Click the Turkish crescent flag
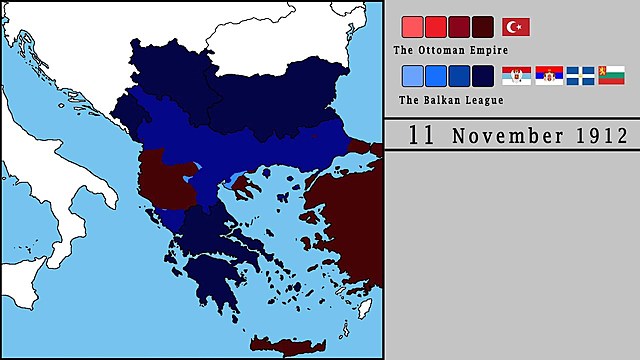click(x=516, y=27)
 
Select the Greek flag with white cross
click(x=581, y=75)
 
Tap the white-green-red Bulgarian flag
click(x=612, y=75)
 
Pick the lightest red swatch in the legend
click(x=411, y=27)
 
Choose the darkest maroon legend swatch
click(x=483, y=27)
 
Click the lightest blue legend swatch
click(x=411, y=75)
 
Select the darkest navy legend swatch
click(x=483, y=75)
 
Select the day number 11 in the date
click(x=422, y=135)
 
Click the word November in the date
click(x=504, y=136)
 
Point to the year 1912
click(x=599, y=136)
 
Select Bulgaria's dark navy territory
click(x=290, y=95)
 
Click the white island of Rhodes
click(x=363, y=306)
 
